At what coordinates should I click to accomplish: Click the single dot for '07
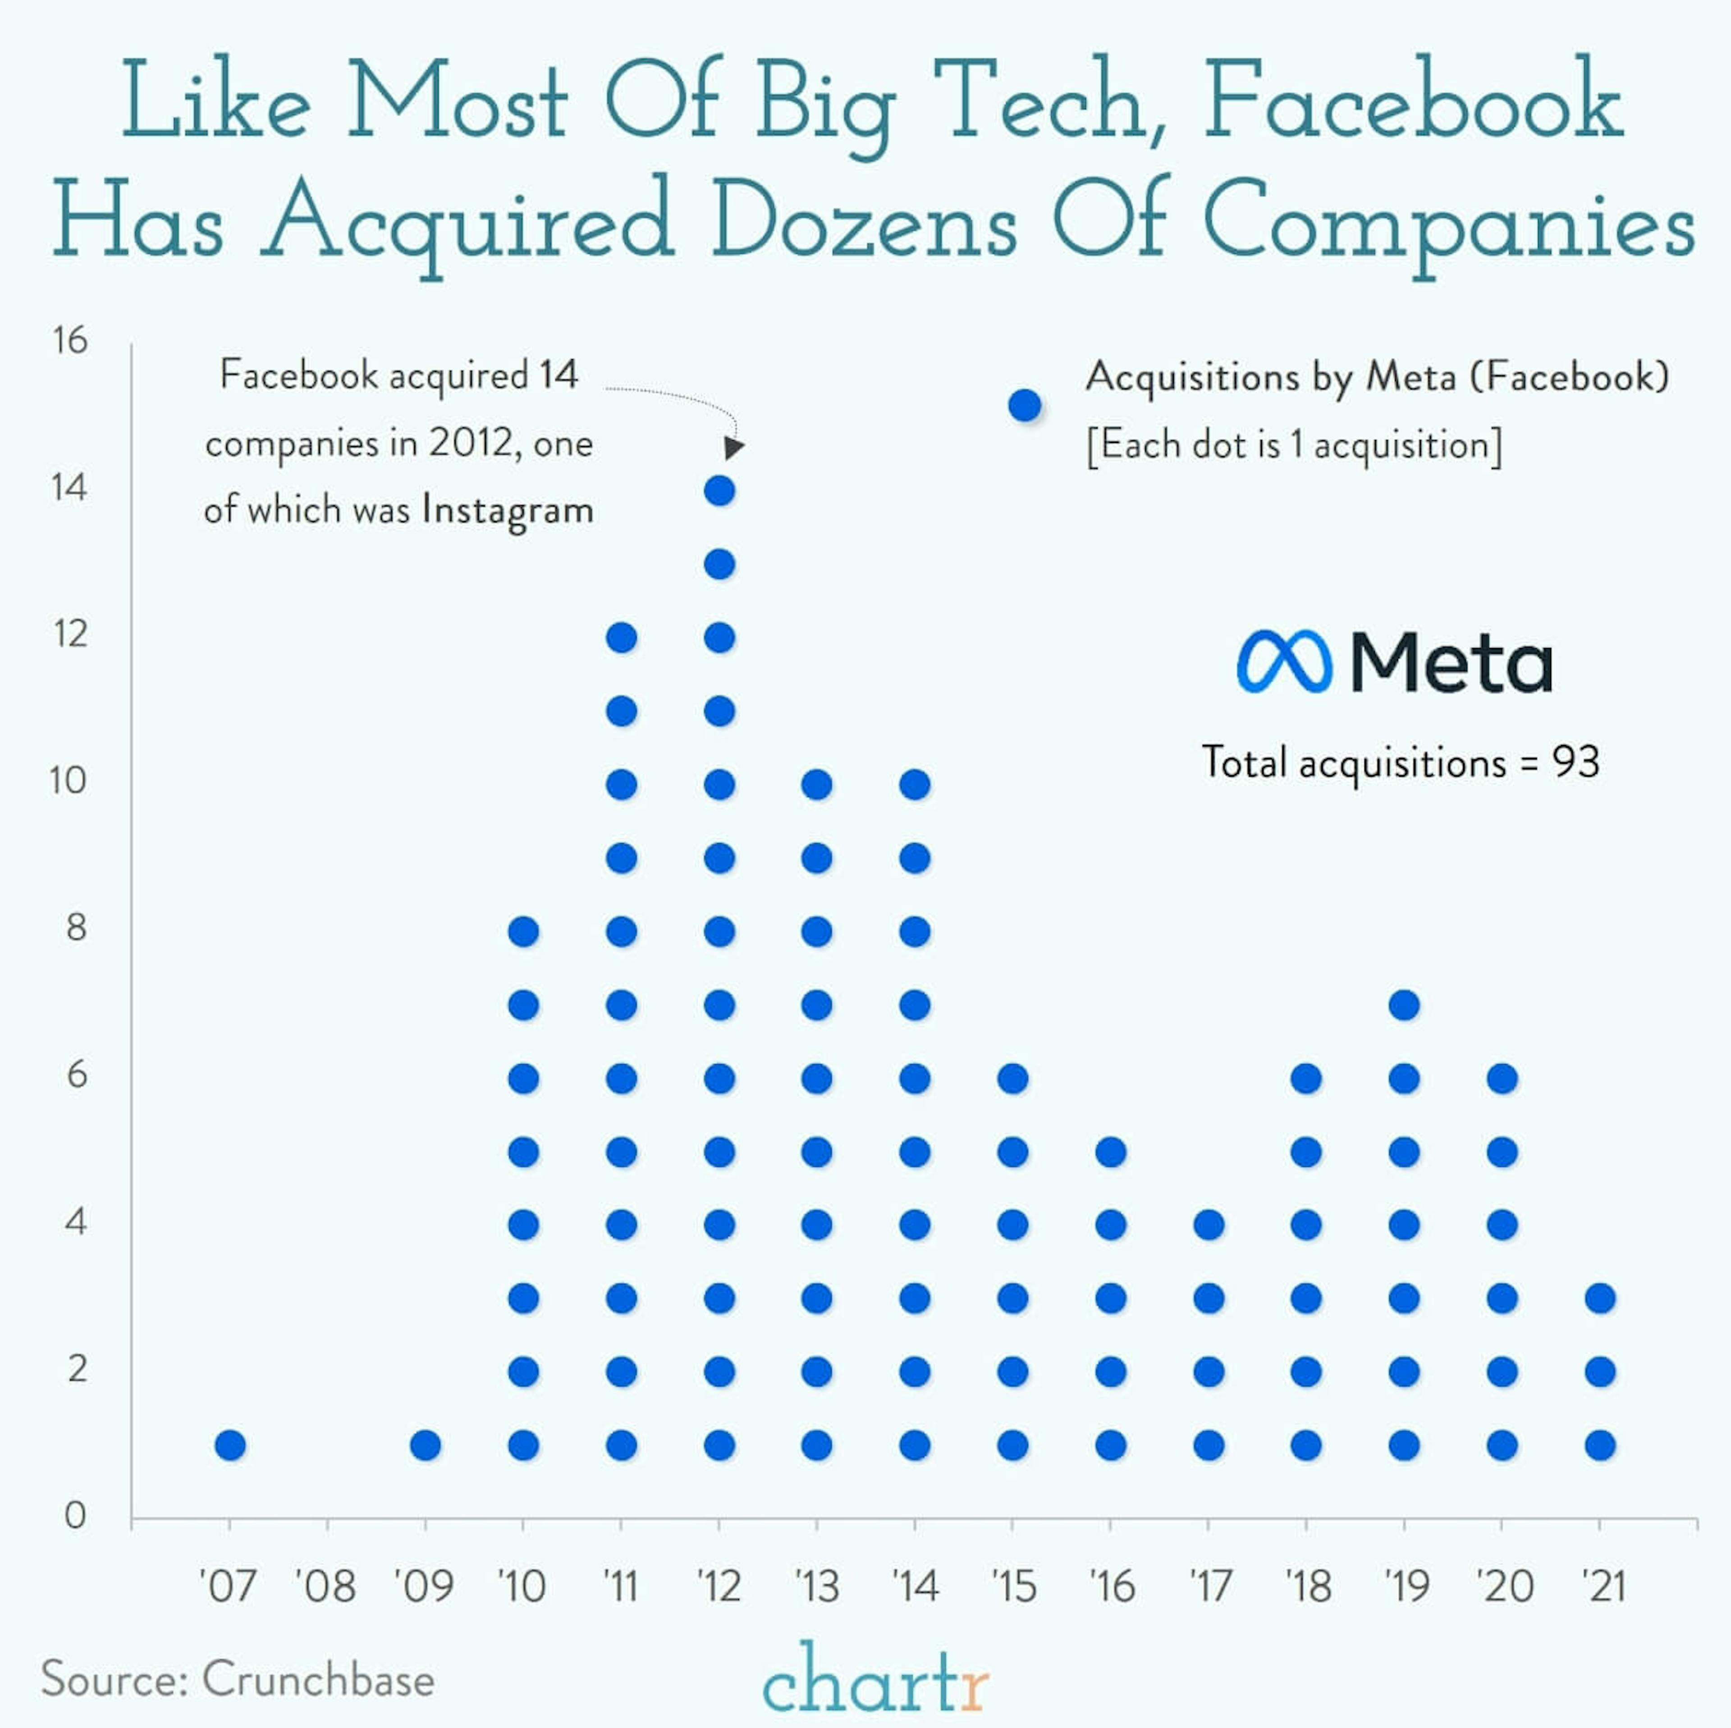pos(230,1445)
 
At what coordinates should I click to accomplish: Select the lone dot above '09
pos(426,1445)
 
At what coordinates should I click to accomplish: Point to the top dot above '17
pos(1209,1225)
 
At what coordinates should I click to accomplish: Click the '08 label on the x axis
pos(326,1586)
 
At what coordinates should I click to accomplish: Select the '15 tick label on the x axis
pos(1013,1586)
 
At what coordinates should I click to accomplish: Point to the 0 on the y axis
pos(75,1516)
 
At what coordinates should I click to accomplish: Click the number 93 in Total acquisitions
pos(1576,762)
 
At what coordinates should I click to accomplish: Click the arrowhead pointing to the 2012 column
pos(734,447)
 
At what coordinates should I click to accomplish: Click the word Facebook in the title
pos(1413,101)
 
